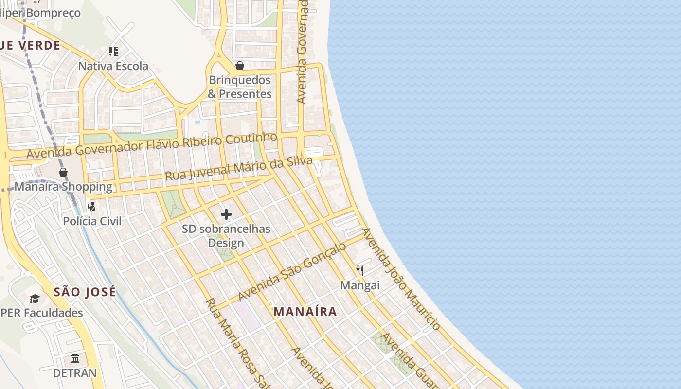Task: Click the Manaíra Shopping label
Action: pos(63,187)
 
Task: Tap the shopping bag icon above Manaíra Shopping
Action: pos(63,172)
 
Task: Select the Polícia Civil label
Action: pos(92,221)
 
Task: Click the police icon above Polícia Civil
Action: pos(91,207)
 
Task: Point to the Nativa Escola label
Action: pos(113,66)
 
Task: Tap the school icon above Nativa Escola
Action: pos(113,52)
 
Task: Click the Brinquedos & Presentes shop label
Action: pos(239,87)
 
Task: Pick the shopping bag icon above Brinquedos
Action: pos(239,66)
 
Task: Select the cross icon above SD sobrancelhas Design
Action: pos(226,214)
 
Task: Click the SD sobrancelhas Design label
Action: pos(226,235)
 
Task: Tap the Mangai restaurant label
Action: pos(360,285)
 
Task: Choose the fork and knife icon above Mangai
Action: pos(360,271)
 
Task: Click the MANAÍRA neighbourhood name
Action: pos(305,312)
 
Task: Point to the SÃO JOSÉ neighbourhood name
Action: pos(85,292)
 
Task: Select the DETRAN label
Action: pos(75,373)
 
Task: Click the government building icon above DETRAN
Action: pos(75,359)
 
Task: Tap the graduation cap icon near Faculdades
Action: pos(35,299)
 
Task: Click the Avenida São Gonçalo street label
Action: pos(292,271)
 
